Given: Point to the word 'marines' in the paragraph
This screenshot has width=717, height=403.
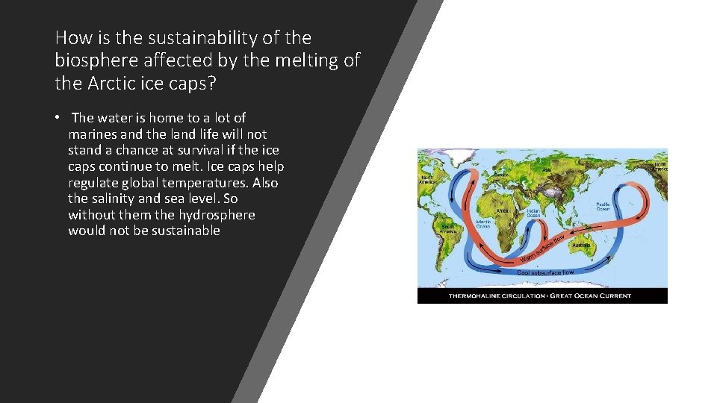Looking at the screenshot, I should [x=93, y=134].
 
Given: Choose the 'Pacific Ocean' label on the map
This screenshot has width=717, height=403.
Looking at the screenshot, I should [x=603, y=206].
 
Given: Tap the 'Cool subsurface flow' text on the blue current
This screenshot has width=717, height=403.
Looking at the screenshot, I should [x=545, y=272].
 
